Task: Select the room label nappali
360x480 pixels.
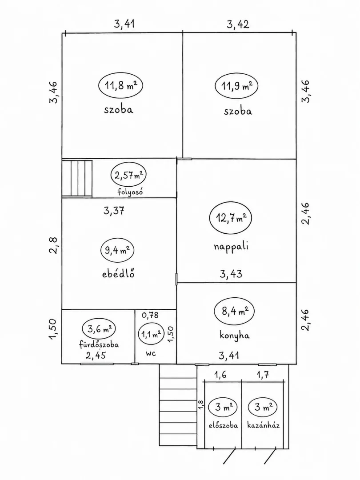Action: click(231, 247)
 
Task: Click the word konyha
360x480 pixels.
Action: click(235, 335)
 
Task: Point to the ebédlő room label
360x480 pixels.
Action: click(118, 273)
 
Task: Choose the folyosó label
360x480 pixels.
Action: click(130, 192)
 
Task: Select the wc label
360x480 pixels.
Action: click(151, 353)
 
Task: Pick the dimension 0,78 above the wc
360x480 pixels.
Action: click(150, 315)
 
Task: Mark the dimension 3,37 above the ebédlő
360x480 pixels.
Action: click(114, 211)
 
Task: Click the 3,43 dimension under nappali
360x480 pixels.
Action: click(231, 274)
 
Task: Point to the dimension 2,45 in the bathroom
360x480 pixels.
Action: click(96, 356)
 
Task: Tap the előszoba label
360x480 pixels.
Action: click(223, 425)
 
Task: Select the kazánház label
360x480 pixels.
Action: click(264, 425)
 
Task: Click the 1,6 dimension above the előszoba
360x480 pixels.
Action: click(220, 375)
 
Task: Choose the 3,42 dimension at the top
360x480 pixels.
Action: click(238, 24)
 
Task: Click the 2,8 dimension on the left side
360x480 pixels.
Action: click(53, 245)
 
